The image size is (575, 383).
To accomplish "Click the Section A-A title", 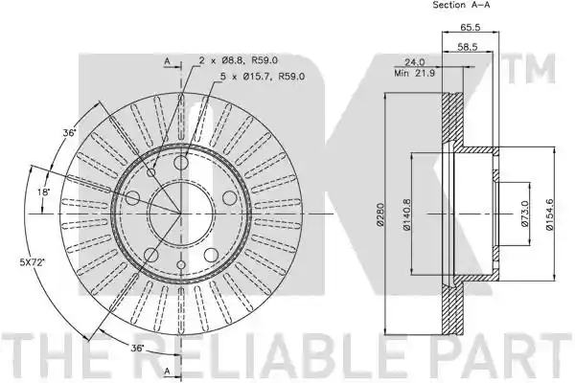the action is pyautogui.click(x=461, y=5).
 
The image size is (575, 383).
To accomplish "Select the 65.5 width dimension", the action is pyautogui.click(x=471, y=27).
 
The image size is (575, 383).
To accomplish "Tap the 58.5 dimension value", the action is pyautogui.click(x=468, y=47).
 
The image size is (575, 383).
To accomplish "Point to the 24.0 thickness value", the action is pyautogui.click(x=414, y=62).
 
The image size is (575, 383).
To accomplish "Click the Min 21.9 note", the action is pyautogui.click(x=414, y=74).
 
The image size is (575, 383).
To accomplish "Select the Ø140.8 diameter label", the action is pyautogui.click(x=406, y=214).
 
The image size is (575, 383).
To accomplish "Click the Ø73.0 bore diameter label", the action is pyautogui.click(x=525, y=214).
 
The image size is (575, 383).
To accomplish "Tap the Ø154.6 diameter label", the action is pyautogui.click(x=549, y=214).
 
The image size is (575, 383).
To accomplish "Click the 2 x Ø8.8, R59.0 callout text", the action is pyautogui.click(x=239, y=60).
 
